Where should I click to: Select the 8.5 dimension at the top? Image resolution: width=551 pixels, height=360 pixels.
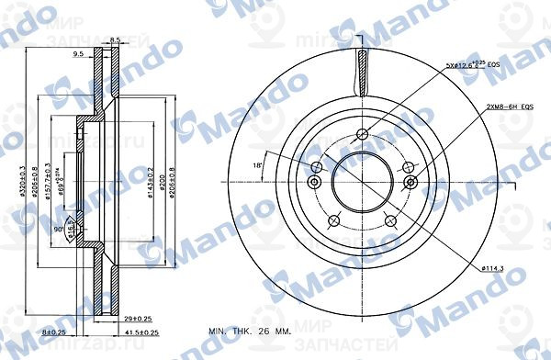point(115,39)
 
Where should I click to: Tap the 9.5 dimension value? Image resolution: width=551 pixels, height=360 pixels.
point(79,54)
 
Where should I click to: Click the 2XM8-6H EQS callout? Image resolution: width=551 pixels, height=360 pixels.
point(510,107)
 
